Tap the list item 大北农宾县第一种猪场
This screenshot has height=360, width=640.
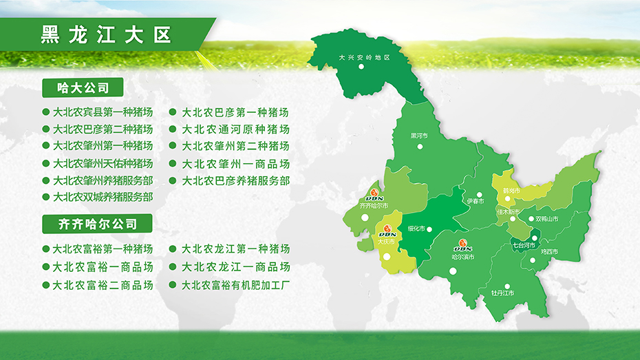[103, 112]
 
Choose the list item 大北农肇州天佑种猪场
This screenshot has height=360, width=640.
[103, 164]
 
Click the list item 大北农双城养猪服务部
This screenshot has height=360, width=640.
[103, 197]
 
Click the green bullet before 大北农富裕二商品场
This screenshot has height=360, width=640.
[45, 284]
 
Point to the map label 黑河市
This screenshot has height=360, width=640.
[419, 136]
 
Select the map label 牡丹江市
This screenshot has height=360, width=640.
[502, 293]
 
